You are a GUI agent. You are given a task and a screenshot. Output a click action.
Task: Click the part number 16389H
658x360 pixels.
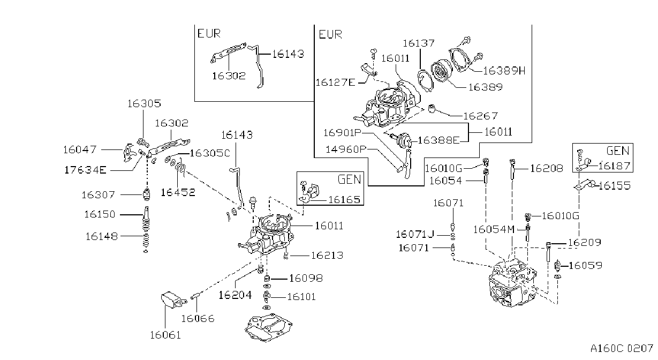click(504, 71)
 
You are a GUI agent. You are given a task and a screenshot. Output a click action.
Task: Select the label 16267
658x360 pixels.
click(481, 116)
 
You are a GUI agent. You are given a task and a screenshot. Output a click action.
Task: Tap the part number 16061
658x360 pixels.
click(165, 335)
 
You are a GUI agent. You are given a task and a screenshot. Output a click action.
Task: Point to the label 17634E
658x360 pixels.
click(85, 170)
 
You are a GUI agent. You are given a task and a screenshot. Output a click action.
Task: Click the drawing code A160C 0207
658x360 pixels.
click(622, 349)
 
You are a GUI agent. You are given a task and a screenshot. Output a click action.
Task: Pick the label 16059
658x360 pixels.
click(585, 266)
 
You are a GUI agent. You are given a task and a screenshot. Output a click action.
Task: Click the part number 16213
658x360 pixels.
click(327, 256)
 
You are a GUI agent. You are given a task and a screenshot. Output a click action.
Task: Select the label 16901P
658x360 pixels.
click(342, 133)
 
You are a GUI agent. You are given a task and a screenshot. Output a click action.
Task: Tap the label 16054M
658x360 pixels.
click(494, 229)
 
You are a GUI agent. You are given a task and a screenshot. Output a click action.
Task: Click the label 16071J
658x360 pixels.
click(415, 234)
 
